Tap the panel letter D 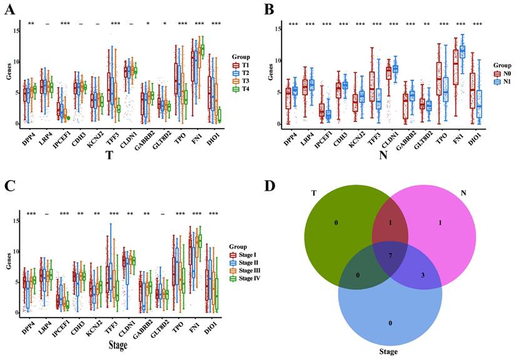(x=269, y=186)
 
